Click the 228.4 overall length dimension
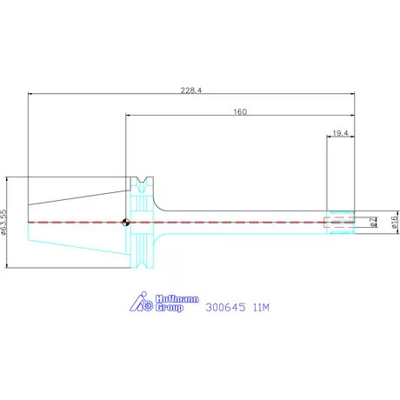pos(191,90)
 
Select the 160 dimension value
pos(240,111)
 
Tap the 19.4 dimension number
pos(340,133)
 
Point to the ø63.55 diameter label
pos(3,222)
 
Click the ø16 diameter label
pos(395,222)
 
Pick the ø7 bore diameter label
pos(373,222)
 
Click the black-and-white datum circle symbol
pos(126,223)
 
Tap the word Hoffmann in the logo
pos(177,299)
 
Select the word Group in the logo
pos(170,308)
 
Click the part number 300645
pos(225,307)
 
